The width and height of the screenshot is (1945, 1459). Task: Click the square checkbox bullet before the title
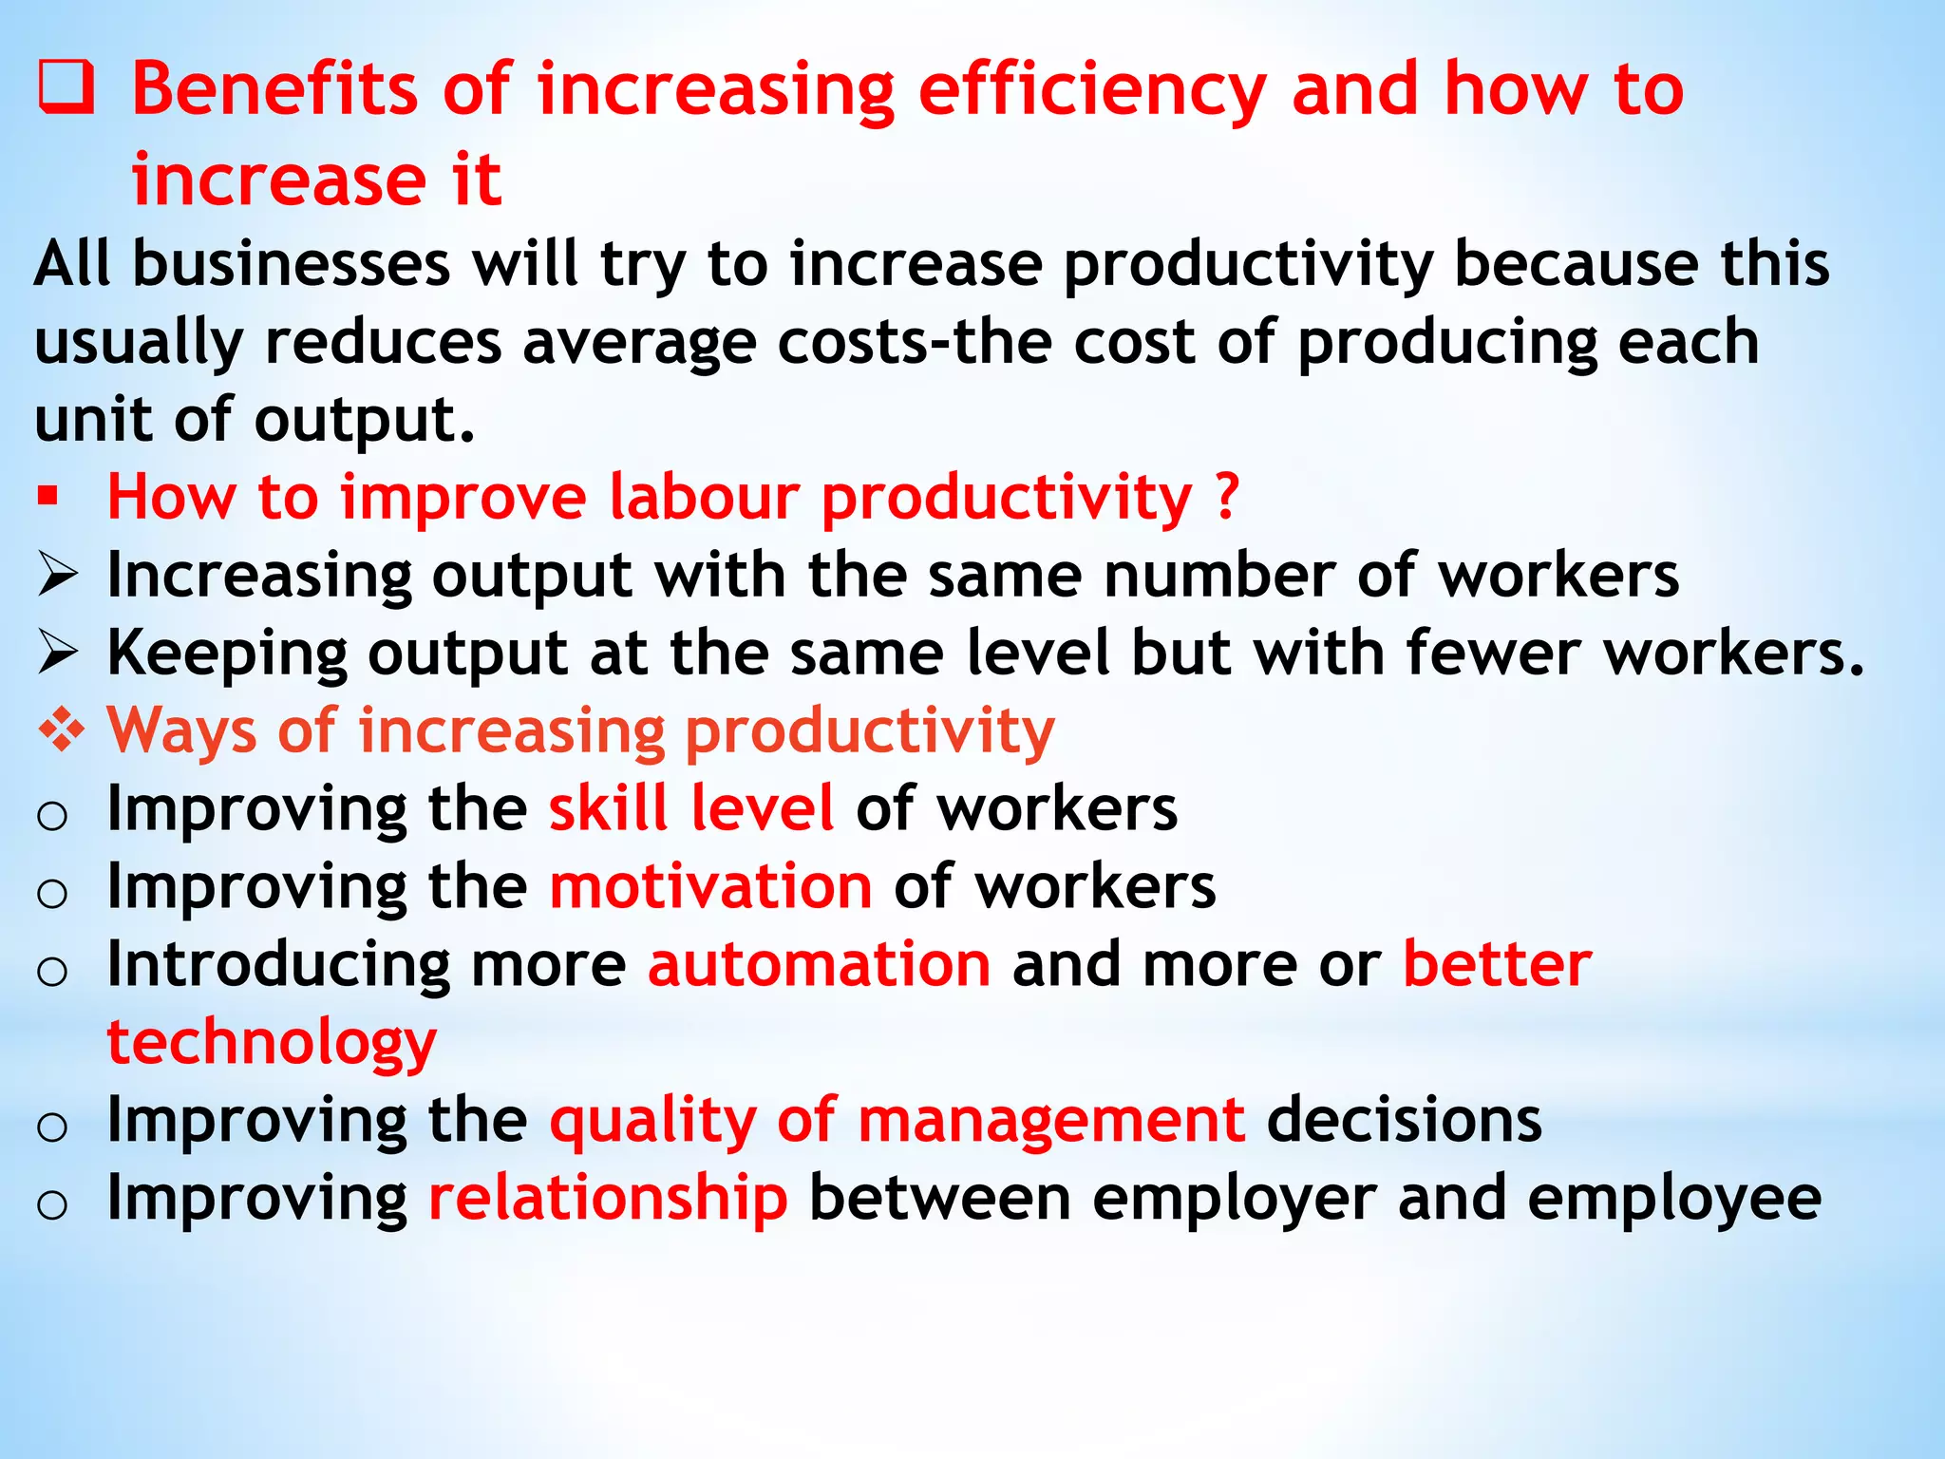click(x=66, y=87)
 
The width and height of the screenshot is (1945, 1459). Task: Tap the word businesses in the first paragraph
click(x=291, y=264)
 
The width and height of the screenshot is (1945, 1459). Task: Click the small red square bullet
click(x=48, y=496)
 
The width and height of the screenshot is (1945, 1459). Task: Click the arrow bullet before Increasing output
click(x=57, y=576)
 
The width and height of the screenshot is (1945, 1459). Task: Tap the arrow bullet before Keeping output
click(x=57, y=654)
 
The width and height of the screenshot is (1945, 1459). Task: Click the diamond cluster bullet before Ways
click(x=61, y=730)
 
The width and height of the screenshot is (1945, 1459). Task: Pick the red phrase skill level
click(x=691, y=808)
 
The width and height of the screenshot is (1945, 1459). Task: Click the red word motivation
click(x=710, y=886)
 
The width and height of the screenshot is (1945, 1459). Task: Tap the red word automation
click(x=819, y=964)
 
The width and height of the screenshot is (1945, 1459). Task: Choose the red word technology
click(x=272, y=1043)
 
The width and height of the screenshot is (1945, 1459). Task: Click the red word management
click(x=1050, y=1120)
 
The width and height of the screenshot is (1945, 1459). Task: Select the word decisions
click(x=1404, y=1120)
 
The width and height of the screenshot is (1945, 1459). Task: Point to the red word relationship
click(x=608, y=1198)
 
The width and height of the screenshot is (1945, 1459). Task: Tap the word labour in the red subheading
click(x=703, y=496)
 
